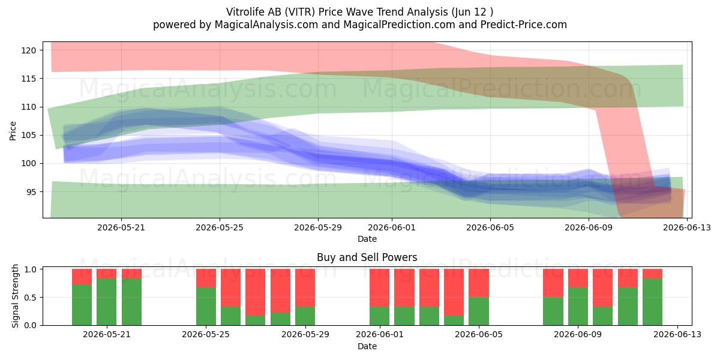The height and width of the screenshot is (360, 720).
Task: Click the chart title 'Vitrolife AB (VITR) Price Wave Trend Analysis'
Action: pos(337,12)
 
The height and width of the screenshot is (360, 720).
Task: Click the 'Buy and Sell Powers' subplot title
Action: pos(367,257)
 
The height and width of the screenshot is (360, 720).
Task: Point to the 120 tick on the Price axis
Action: pos(28,50)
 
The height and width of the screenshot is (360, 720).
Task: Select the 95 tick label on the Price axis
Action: pos(31,192)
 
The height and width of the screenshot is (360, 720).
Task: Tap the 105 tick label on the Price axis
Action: pos(28,136)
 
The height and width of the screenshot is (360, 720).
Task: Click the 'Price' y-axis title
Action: pos(13,131)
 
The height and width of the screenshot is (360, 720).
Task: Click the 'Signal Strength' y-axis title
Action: pos(15,296)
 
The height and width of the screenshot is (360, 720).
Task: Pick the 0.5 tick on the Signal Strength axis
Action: pos(30,298)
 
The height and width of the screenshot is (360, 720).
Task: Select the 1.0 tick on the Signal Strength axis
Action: pos(30,269)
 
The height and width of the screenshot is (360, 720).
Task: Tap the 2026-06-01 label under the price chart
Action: pos(391,227)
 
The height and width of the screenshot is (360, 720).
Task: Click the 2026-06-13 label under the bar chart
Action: pos(677,334)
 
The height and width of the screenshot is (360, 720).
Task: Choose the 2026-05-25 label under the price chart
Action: pos(220,227)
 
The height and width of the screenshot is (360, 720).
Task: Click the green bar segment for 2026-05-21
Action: pos(106,302)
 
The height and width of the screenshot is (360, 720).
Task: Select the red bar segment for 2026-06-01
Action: pos(379,287)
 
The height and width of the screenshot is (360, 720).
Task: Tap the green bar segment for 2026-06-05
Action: pos(479,311)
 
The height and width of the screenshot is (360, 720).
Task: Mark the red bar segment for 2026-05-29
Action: pos(305,287)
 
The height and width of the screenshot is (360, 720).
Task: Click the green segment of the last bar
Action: pos(653,302)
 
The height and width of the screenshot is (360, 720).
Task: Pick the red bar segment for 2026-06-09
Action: pos(578,278)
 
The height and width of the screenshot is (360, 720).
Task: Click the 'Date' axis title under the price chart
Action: pos(367,239)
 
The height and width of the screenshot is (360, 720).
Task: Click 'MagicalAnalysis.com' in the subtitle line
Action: pos(266,25)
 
